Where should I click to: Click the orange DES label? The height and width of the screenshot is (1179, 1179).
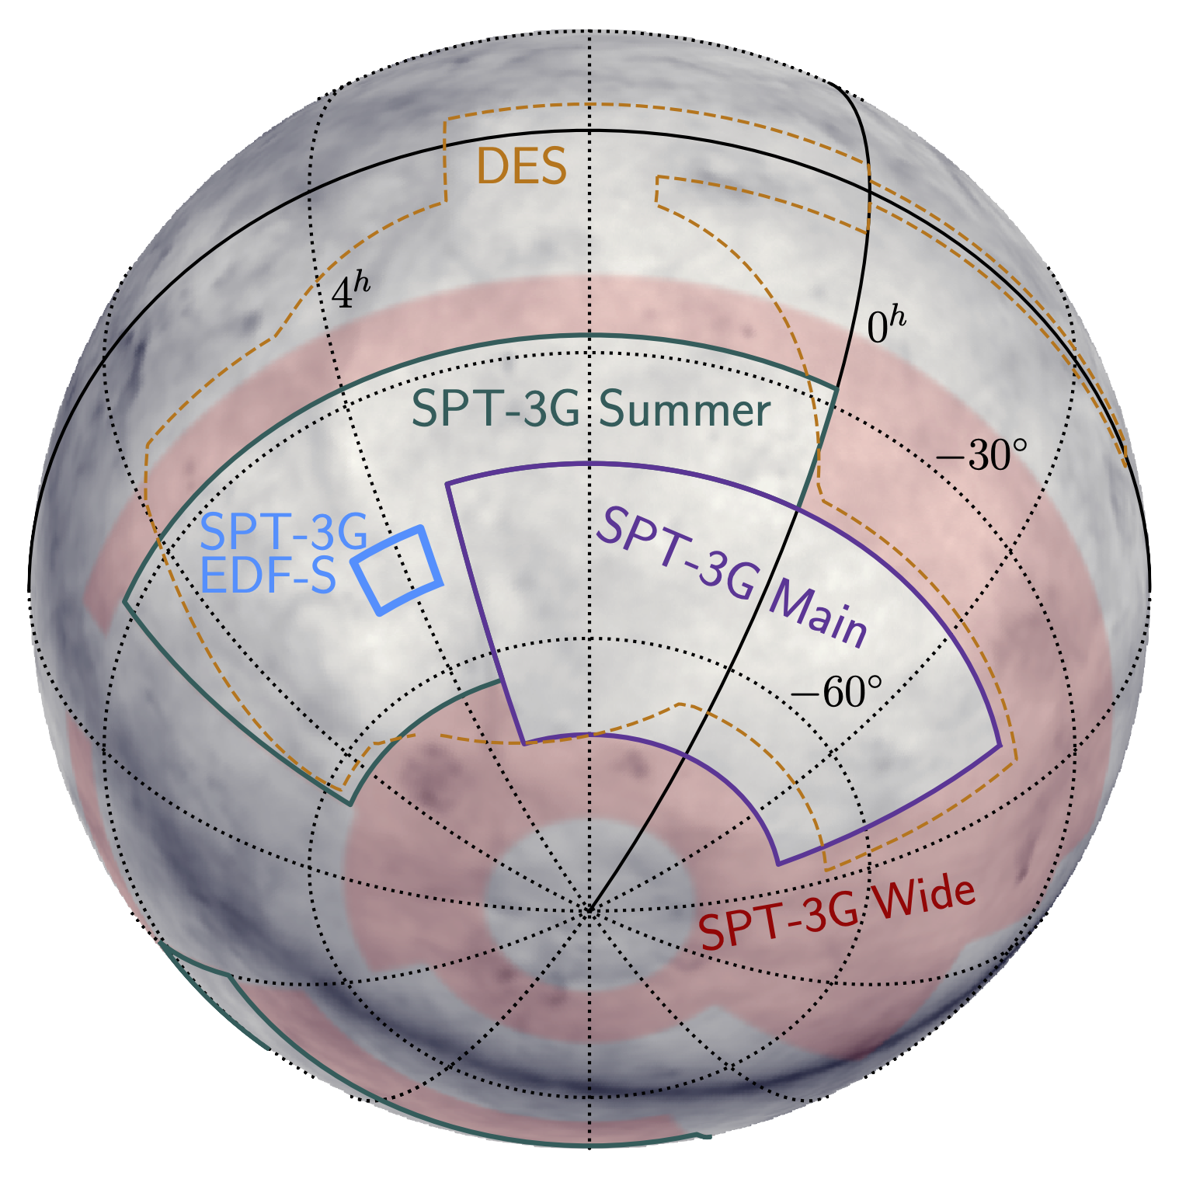point(521,166)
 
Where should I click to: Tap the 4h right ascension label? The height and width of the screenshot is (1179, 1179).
point(350,290)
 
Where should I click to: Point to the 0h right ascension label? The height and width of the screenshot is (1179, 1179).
point(885,326)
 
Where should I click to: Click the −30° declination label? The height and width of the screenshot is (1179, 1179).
point(982,456)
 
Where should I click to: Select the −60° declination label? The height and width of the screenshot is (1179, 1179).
point(837,692)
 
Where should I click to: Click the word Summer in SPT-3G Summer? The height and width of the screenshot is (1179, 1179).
point(685,410)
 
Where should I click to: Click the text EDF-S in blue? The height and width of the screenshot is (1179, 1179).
point(269,576)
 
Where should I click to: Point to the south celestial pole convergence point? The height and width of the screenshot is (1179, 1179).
point(589,909)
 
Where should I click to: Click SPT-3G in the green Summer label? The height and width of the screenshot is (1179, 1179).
point(495,409)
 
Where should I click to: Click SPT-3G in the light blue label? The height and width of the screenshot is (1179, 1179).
point(283,532)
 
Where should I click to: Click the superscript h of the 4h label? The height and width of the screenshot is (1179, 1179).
point(362,281)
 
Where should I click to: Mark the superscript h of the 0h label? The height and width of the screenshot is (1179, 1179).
point(898,318)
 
